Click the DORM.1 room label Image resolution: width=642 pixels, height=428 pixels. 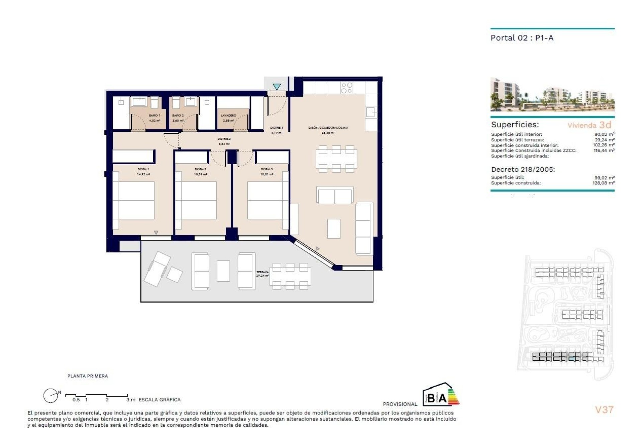point(143,169)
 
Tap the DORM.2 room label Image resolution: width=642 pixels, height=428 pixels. point(200,169)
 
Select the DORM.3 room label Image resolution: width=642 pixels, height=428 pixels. point(266,169)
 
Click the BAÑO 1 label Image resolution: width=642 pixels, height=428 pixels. point(154,115)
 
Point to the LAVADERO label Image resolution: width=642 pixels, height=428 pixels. point(229,115)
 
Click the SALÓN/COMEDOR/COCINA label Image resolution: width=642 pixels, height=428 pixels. point(328,127)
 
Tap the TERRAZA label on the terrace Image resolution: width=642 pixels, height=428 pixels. point(262,272)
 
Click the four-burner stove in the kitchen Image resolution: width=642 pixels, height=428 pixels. point(346,88)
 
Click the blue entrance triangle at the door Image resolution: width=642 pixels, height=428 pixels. point(277,87)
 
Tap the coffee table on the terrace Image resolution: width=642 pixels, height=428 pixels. point(223,271)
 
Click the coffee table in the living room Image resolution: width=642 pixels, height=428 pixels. point(334,228)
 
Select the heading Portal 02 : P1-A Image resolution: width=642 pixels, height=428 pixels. point(522,38)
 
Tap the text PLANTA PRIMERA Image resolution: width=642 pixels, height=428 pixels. point(88,376)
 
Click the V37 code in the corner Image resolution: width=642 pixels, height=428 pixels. point(604,410)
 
